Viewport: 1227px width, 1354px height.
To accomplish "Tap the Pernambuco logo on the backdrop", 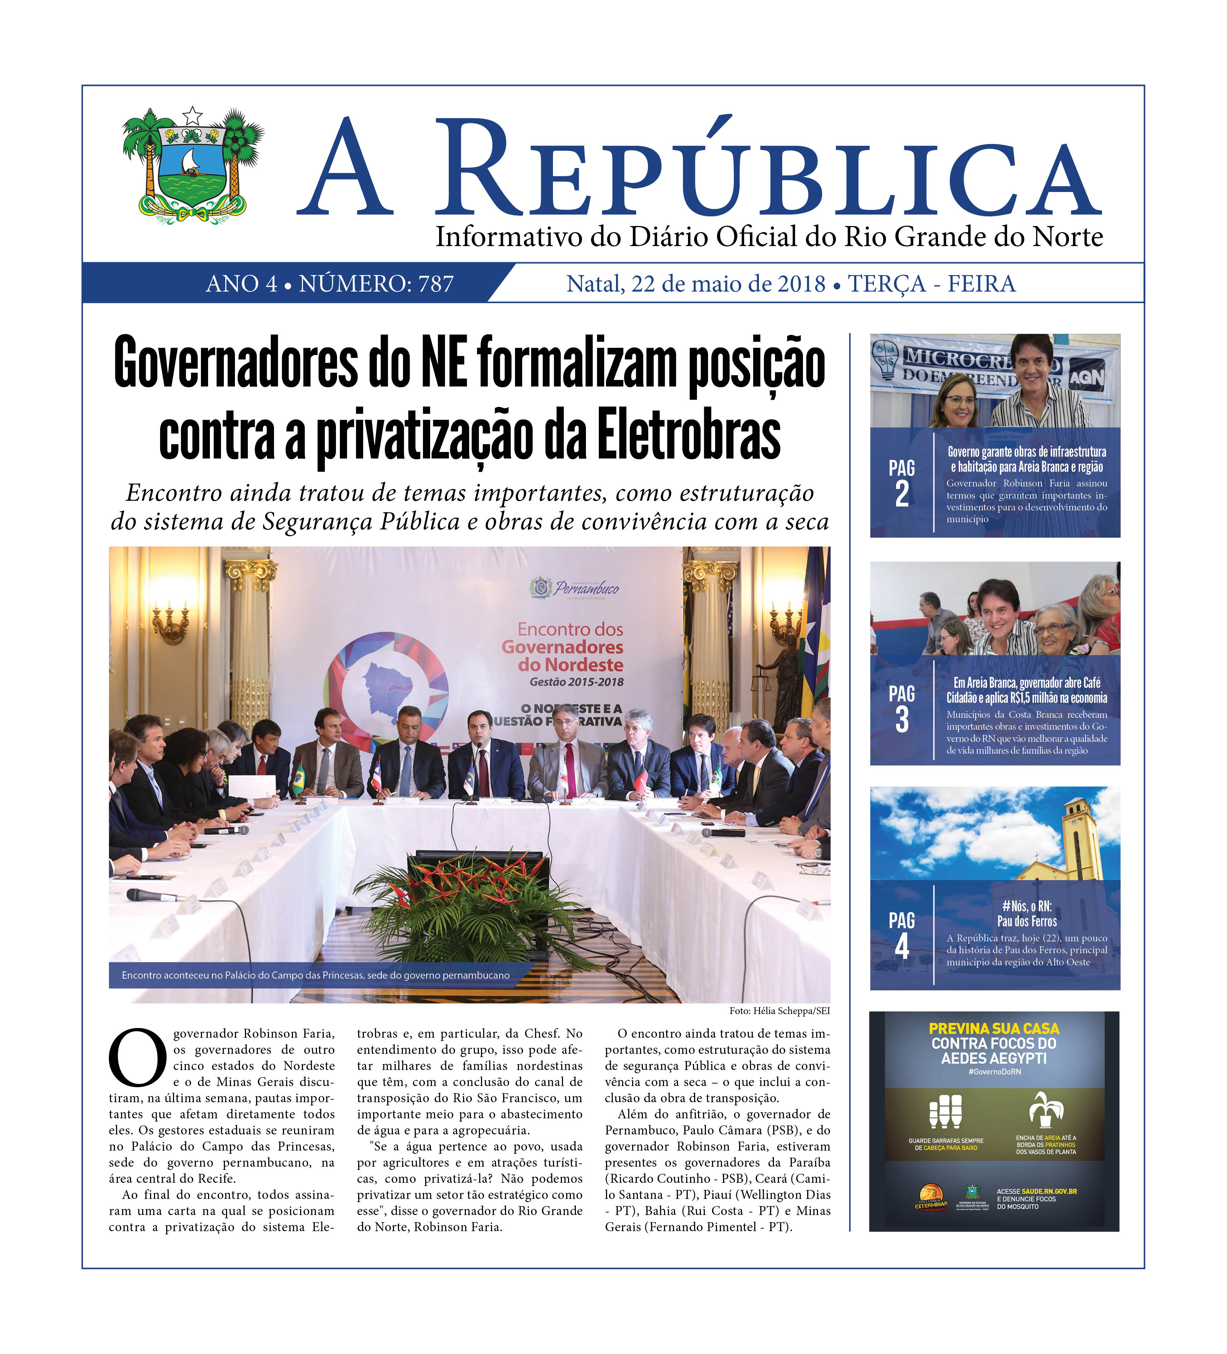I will click(x=575, y=588).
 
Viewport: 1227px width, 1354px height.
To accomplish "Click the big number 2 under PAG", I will click(x=902, y=495).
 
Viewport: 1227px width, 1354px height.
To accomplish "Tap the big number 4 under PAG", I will click(x=902, y=947).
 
